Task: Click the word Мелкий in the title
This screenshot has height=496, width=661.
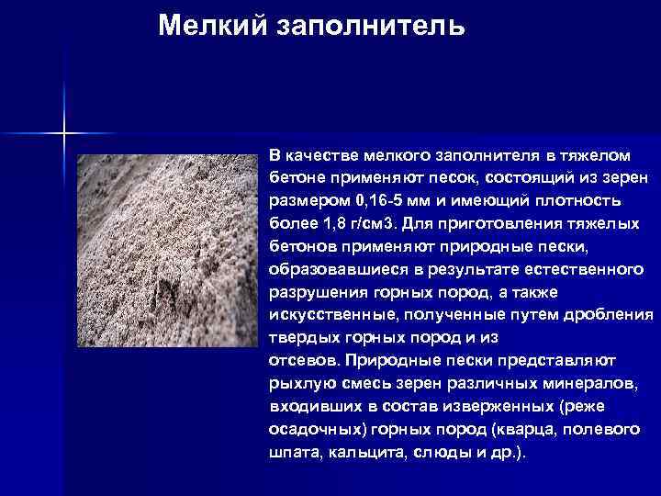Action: tap(208, 25)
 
